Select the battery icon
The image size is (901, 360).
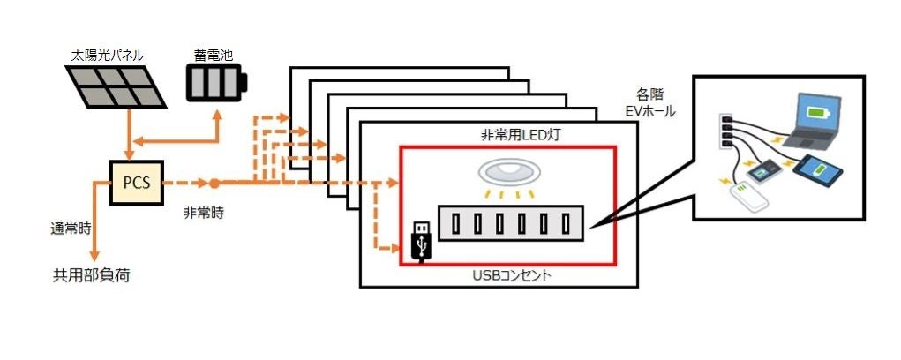tap(216, 84)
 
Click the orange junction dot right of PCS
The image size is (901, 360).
tap(214, 184)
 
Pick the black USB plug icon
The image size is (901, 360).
tap(423, 240)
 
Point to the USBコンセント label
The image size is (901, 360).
tap(512, 275)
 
